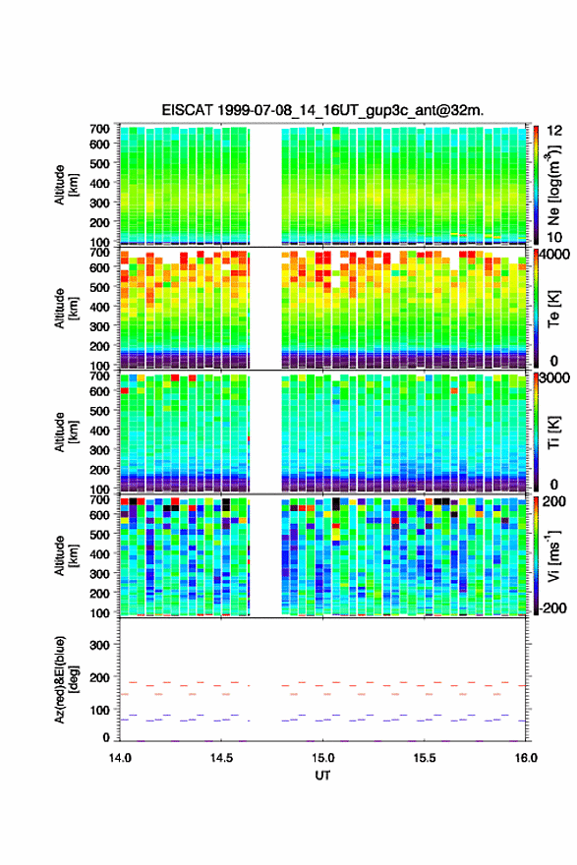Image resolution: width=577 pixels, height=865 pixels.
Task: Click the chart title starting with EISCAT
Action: pos(322,110)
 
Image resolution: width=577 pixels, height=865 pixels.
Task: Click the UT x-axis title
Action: pos(322,776)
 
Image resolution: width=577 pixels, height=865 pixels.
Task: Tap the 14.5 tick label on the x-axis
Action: pos(221,758)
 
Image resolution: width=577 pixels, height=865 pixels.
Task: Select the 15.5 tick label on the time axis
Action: pos(425,758)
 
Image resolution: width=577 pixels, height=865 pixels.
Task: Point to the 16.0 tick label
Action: pos(526,758)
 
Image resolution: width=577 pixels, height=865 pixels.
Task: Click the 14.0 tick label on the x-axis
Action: pos(120,758)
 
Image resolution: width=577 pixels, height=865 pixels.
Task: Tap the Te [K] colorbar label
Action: pos(553,309)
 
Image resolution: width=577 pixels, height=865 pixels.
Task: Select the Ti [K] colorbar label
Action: pos(553,432)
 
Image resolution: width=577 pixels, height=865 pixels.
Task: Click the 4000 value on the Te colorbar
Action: pos(553,255)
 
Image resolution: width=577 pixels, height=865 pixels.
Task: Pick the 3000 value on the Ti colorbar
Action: pos(553,378)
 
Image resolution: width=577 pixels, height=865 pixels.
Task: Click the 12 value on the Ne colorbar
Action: pos(554,131)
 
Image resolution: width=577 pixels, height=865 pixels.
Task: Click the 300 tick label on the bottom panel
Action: pos(99,645)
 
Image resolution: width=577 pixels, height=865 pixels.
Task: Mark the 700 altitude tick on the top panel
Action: pos(99,129)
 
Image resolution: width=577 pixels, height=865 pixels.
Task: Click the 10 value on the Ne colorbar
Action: pos(554,237)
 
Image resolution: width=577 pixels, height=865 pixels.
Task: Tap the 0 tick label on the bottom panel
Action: pos(106,737)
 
